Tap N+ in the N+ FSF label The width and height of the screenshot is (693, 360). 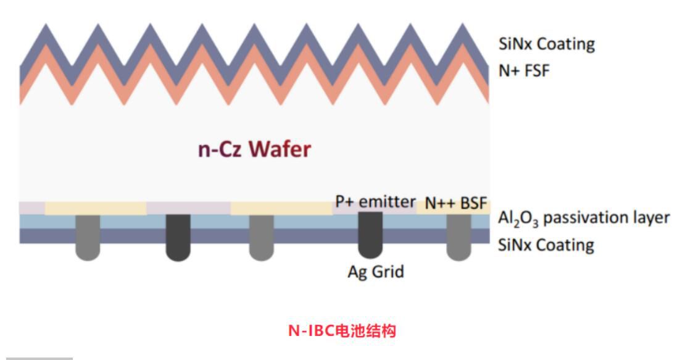tap(509, 70)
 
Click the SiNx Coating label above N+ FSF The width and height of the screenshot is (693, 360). tap(546, 44)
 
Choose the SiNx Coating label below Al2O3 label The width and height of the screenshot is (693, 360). tap(546, 245)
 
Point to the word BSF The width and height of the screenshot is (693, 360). tap(474, 203)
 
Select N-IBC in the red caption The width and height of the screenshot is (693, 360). tap(310, 330)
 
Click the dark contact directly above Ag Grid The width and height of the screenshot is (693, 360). tap(370, 235)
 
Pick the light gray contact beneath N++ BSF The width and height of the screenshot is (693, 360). tap(458, 237)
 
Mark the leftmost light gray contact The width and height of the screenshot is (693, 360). tap(87, 236)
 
